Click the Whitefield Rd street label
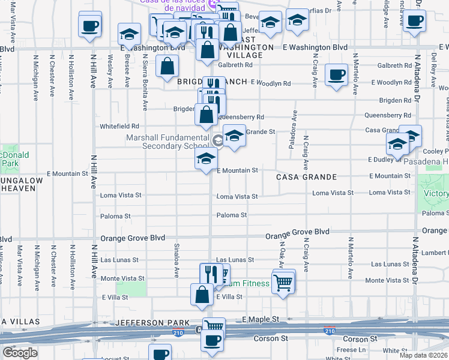pyautogui.click(x=119, y=127)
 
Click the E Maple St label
pyautogui.click(x=261, y=319)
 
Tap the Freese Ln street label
pyautogui.click(x=351, y=349)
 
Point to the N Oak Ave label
pyautogui.click(x=281, y=255)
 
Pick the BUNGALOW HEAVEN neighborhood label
pyautogui.click(x=18, y=184)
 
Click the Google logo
pyautogui.click(x=20, y=353)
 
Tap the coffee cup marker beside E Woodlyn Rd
pyautogui.click(x=336, y=75)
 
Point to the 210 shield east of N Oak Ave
pyautogui.click(x=329, y=331)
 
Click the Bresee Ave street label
pyautogui.click(x=127, y=71)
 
